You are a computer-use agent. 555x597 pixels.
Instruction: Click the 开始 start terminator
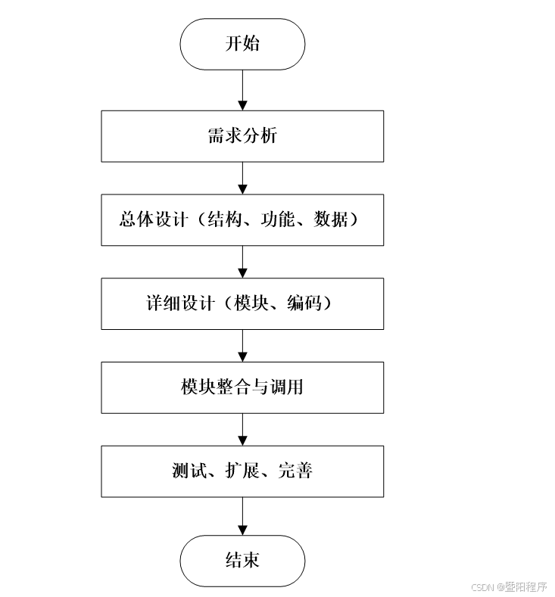tap(242, 44)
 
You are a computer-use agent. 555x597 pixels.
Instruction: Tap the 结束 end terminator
tap(242, 561)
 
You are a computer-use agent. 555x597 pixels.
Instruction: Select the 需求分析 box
tap(242, 136)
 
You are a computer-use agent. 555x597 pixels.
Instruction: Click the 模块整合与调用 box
tap(242, 387)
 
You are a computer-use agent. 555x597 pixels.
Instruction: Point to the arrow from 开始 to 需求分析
tap(242, 90)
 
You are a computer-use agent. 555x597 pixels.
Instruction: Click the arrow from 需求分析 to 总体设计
tap(242, 178)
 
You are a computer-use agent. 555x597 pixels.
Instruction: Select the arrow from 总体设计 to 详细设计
tap(242, 262)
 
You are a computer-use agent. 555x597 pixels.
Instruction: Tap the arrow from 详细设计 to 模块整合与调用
tap(242, 346)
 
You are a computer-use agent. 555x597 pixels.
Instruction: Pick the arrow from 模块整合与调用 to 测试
tap(242, 430)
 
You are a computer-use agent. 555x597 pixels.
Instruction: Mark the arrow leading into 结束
tap(242, 516)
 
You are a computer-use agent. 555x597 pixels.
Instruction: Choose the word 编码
tap(304, 303)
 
